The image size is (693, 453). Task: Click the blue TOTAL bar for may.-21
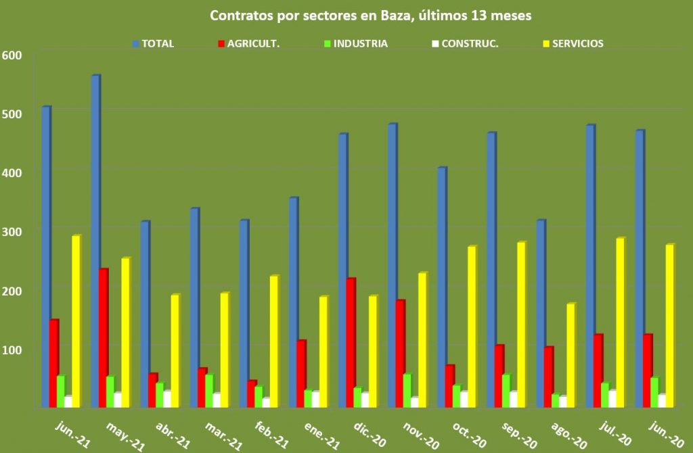95,240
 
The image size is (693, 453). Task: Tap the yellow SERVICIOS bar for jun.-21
76,321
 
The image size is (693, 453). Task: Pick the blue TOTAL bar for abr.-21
144,314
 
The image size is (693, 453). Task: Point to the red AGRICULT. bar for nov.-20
400,353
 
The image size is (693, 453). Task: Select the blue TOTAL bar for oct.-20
441,287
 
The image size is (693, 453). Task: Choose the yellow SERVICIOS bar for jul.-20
620,322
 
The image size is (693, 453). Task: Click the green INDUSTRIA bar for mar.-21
209,391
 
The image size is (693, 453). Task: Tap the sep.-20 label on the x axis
520,433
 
